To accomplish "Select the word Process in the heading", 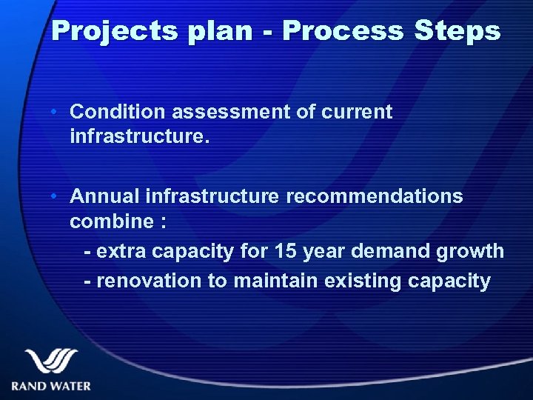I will tap(342, 31).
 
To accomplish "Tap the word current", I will tap(357, 112).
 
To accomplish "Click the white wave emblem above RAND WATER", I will tap(51, 362).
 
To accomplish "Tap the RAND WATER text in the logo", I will tap(51, 386).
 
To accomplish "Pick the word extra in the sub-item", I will tap(121, 252).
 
